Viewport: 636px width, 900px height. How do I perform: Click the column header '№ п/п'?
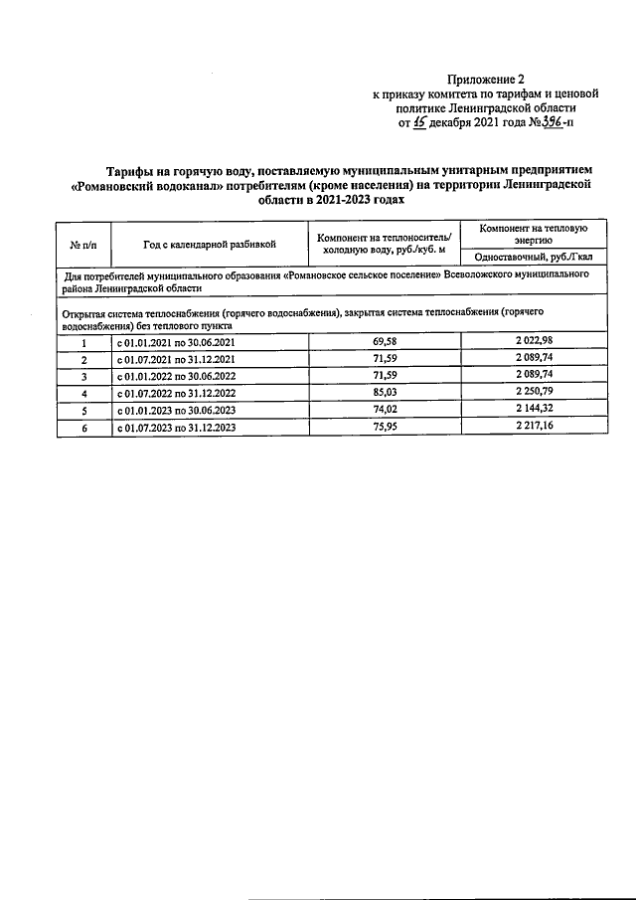click(x=82, y=243)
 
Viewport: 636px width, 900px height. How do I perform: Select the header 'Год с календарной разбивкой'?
click(x=209, y=243)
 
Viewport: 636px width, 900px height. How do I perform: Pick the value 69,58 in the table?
click(x=384, y=341)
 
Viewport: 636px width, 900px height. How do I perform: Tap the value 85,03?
click(x=384, y=392)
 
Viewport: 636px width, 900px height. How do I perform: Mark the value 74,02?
click(x=384, y=409)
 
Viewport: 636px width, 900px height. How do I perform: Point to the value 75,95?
click(x=384, y=427)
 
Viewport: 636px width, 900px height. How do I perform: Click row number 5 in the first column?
click(x=83, y=410)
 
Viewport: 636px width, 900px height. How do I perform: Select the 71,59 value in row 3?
click(x=384, y=375)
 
